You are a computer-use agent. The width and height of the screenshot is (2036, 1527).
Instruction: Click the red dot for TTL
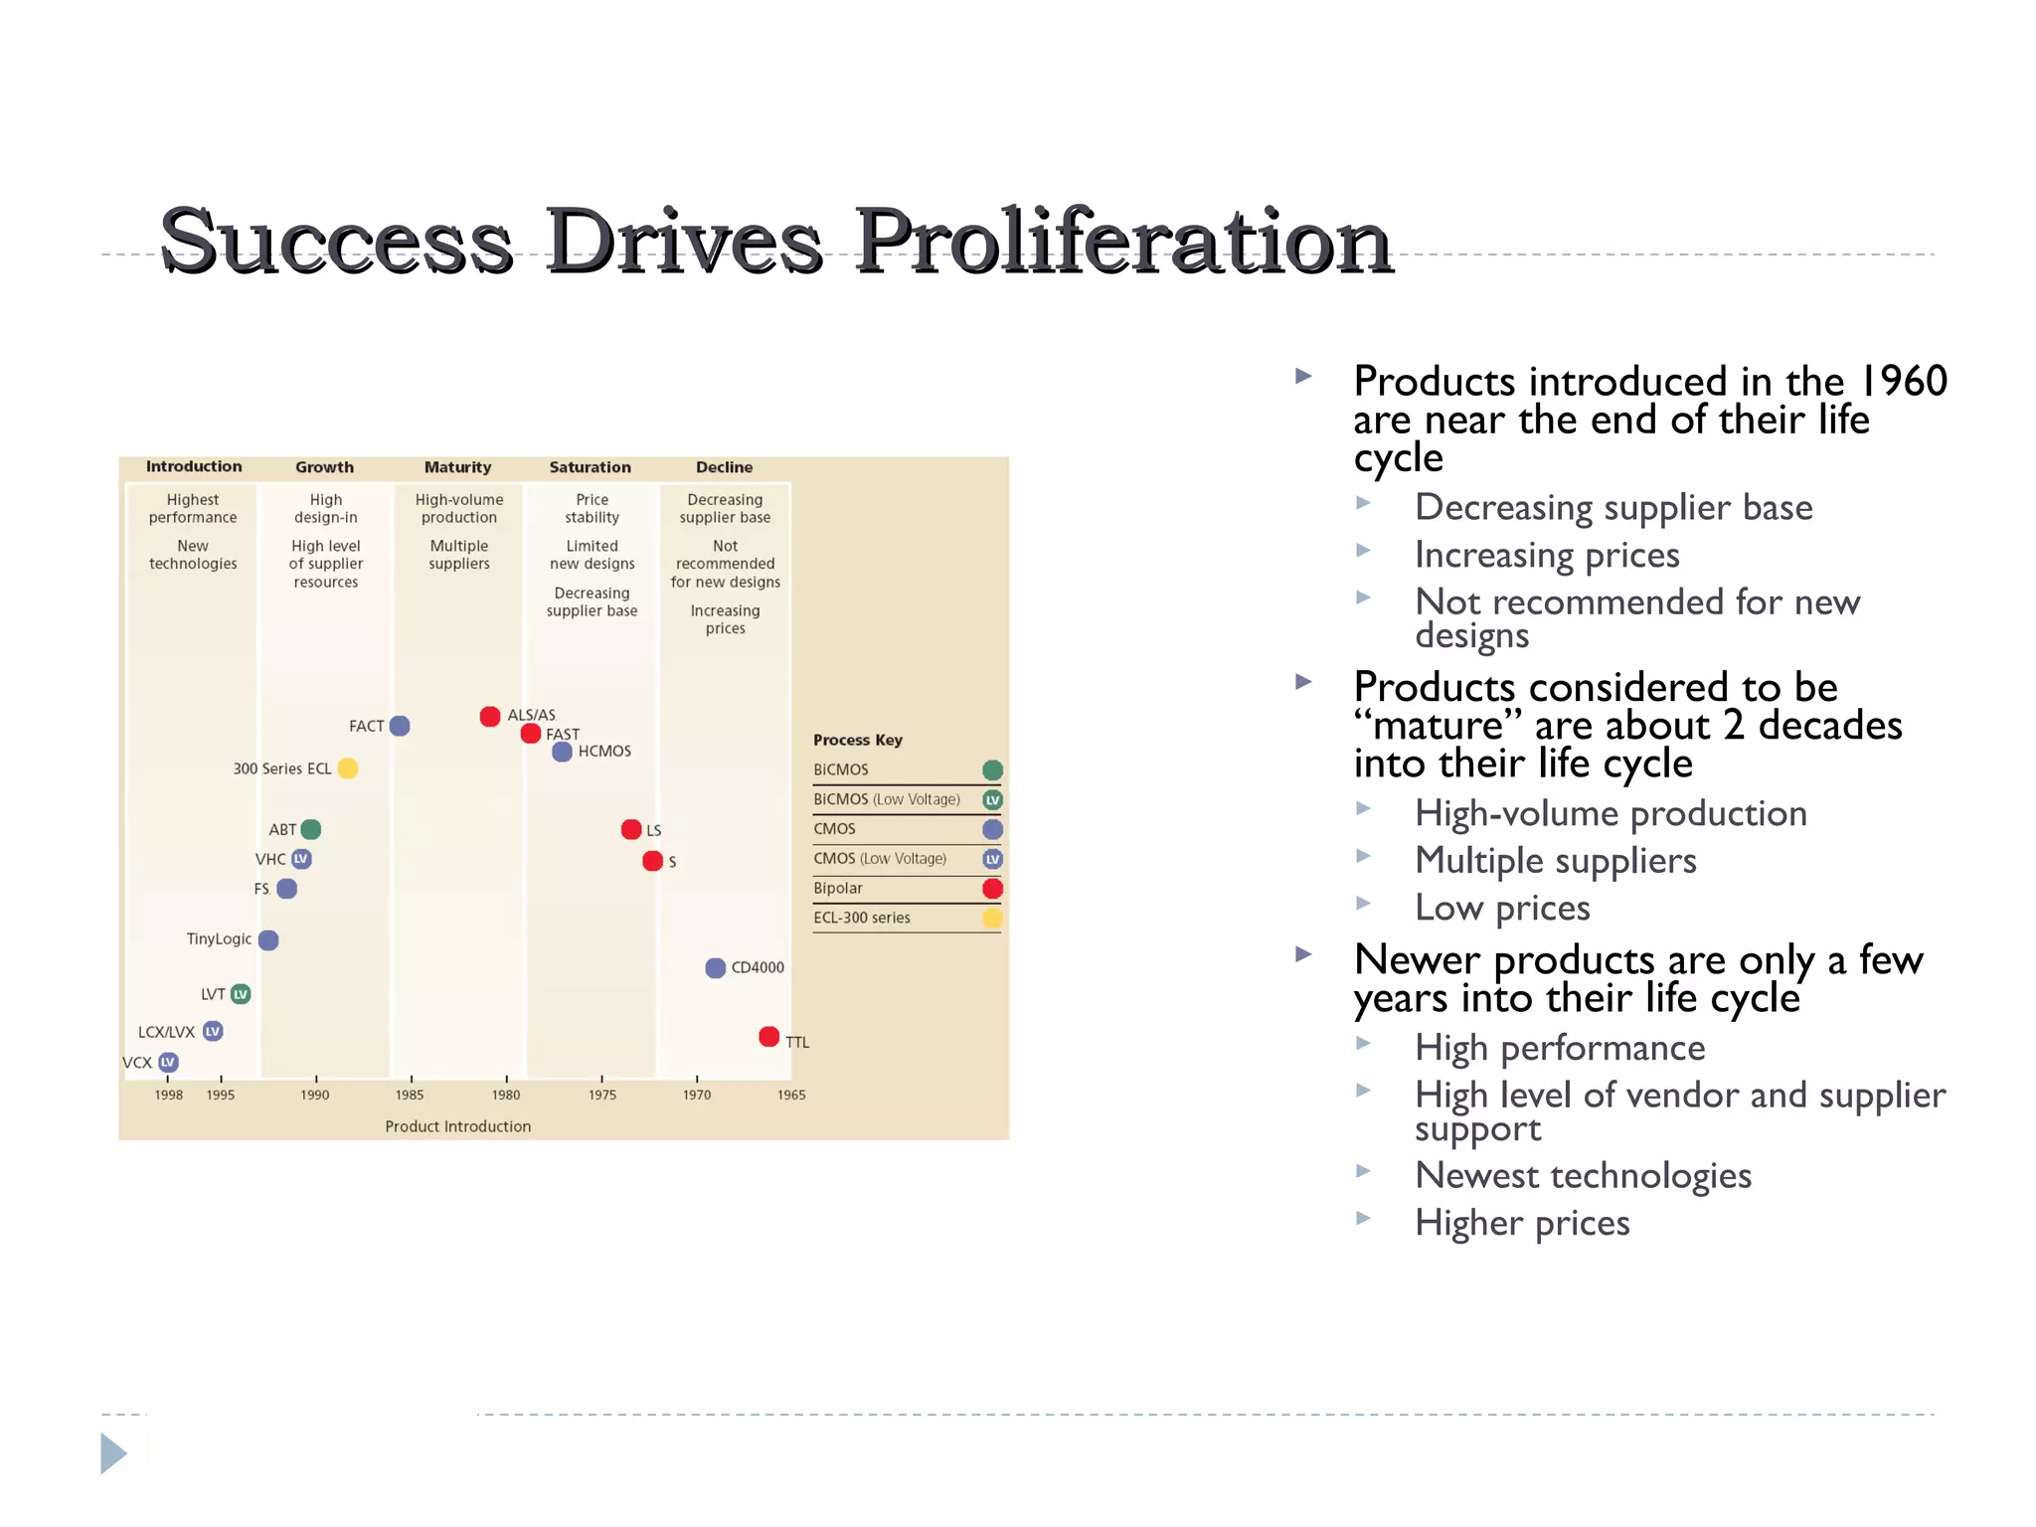coord(768,1037)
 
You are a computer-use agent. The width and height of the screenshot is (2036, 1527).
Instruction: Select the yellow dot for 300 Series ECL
coord(348,768)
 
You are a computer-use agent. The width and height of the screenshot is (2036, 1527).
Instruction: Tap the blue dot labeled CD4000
coord(715,968)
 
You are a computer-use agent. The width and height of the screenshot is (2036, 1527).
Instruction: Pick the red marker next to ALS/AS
coord(490,717)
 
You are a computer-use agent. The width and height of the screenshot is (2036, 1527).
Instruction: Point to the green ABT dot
coord(311,829)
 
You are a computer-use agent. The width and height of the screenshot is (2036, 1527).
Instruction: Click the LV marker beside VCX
coord(169,1063)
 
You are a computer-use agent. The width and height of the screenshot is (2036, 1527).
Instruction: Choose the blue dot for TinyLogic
coord(268,939)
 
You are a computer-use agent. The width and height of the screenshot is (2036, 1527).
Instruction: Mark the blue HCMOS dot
coord(563,752)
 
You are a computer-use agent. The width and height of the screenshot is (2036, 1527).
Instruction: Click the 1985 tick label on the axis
coord(410,1095)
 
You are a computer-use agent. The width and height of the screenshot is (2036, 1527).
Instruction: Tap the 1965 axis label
coord(791,1095)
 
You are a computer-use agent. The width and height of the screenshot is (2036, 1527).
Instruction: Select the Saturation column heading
coord(590,467)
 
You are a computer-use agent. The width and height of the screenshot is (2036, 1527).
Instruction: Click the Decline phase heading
coord(724,467)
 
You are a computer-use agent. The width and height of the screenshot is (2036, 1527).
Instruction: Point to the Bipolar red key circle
coord(992,889)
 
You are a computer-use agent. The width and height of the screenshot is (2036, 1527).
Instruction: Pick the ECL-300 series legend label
coord(862,918)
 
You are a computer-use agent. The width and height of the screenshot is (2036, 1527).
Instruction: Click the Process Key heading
coord(857,740)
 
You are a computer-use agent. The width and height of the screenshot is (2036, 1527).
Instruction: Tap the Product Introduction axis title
coord(458,1126)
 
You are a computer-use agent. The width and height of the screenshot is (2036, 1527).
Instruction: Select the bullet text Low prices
coord(1502,908)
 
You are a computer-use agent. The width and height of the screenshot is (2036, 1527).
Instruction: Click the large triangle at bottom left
coord(113,1453)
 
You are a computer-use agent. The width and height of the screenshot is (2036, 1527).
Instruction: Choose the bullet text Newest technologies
coord(1583,1175)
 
